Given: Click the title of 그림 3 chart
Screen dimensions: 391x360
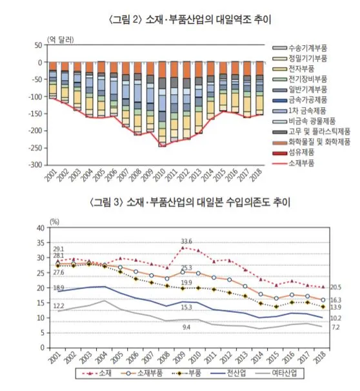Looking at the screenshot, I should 180,202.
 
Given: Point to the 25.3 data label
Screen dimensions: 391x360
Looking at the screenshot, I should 186,268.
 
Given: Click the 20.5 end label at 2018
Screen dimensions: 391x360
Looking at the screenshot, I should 335,288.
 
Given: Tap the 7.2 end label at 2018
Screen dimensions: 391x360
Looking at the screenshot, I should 335,328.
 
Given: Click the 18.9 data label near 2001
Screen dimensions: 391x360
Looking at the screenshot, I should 57,287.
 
